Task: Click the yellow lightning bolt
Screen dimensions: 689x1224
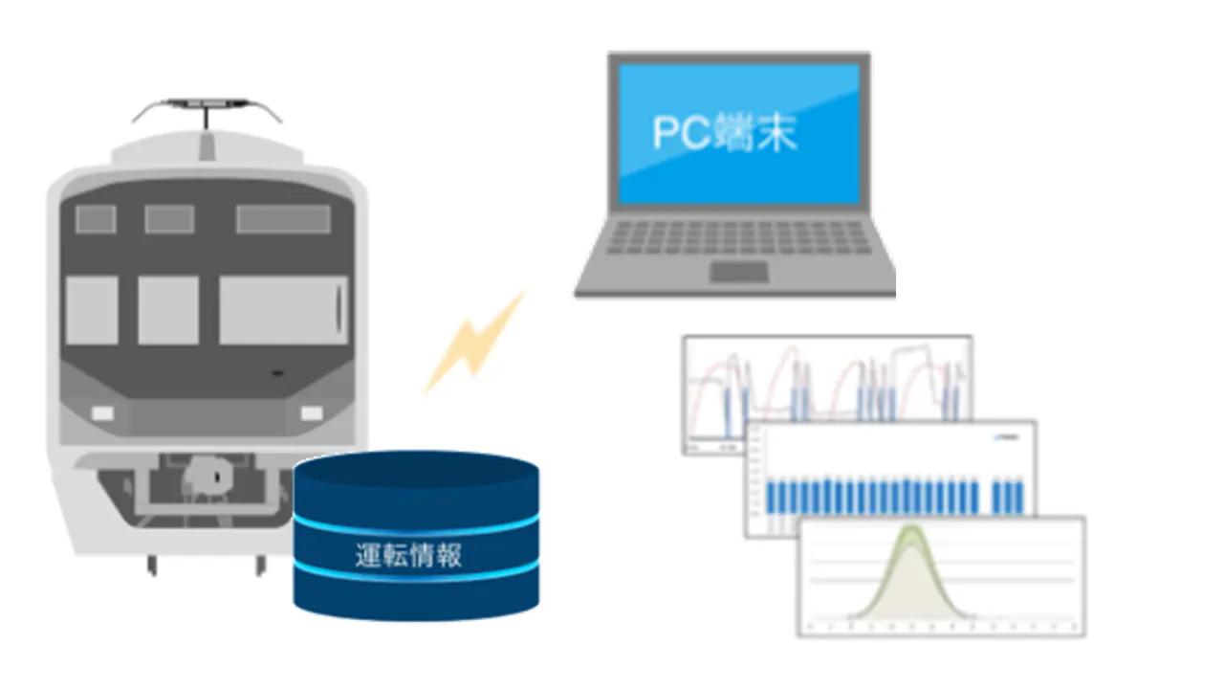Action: pos(475,343)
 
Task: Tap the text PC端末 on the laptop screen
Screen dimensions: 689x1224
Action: pos(724,133)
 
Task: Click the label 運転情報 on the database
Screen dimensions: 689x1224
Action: pos(408,555)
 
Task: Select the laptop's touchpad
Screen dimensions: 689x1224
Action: pos(738,273)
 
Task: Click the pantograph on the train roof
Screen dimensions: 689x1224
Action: pos(207,108)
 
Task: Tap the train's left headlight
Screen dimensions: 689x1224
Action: pos(102,412)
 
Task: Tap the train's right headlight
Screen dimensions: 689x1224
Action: pos(312,412)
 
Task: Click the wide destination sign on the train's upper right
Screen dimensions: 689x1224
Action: pos(283,219)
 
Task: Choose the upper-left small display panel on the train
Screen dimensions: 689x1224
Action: pos(96,219)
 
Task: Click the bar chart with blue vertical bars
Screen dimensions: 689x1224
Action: pos(889,478)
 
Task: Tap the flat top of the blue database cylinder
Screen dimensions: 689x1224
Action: pos(416,470)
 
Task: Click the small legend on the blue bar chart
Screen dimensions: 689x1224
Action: pos(1010,436)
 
